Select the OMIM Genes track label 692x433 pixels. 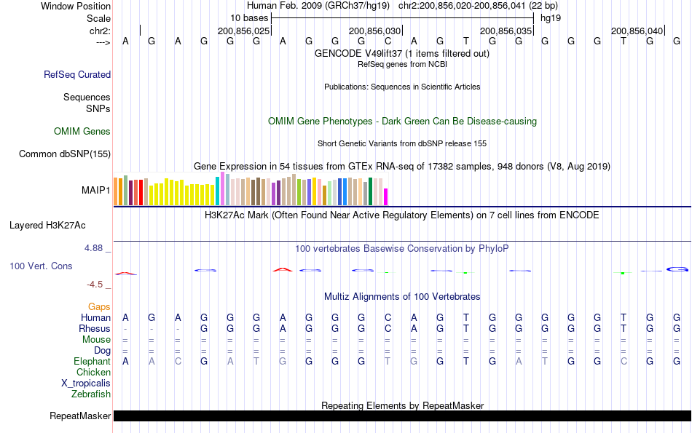pos(82,132)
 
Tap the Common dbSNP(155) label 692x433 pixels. pos(65,154)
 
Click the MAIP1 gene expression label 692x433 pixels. pos(96,191)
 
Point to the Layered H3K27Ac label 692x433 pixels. pos(47,225)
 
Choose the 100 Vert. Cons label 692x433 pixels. pos(41,266)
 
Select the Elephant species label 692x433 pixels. pos(92,361)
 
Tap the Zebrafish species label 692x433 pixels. pos(91,394)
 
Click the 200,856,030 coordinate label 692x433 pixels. pos(375,31)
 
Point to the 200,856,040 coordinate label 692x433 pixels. pos(637,31)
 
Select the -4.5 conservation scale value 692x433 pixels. pos(95,285)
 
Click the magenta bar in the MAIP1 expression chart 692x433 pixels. pos(386,196)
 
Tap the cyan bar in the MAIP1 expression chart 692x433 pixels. pos(217,191)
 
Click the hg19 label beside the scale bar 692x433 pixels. pos(550,17)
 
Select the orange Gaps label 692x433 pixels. pos(99,307)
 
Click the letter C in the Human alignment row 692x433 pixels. pos(388,317)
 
